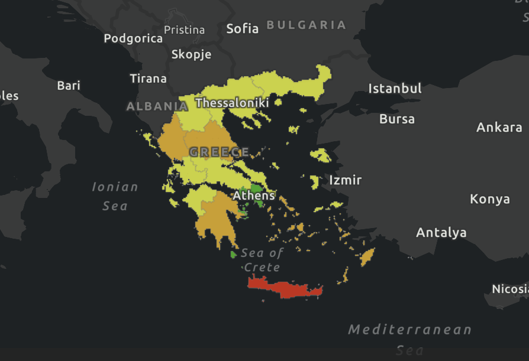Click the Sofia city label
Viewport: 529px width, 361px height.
click(x=243, y=28)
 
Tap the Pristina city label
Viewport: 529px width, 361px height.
click(x=184, y=30)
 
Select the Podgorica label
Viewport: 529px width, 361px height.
click(x=133, y=38)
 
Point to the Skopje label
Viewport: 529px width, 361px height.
click(x=191, y=54)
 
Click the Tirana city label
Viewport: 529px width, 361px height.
click(x=148, y=79)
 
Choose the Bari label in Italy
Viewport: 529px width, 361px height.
click(x=69, y=86)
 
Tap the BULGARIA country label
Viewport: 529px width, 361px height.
click(x=306, y=25)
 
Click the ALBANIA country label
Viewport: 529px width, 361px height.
click(x=157, y=106)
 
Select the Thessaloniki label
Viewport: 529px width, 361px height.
click(x=232, y=103)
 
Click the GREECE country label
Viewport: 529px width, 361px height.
click(x=219, y=152)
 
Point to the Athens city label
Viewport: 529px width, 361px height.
click(x=254, y=195)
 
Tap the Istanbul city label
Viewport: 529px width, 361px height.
click(x=395, y=89)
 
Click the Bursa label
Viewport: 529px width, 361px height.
click(x=397, y=119)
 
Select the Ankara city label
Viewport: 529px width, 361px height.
click(x=499, y=127)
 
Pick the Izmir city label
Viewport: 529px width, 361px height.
click(x=345, y=180)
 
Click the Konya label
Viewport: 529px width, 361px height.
click(x=490, y=199)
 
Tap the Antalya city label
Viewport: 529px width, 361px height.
click(x=441, y=233)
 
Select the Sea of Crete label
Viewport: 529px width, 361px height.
click(x=262, y=260)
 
